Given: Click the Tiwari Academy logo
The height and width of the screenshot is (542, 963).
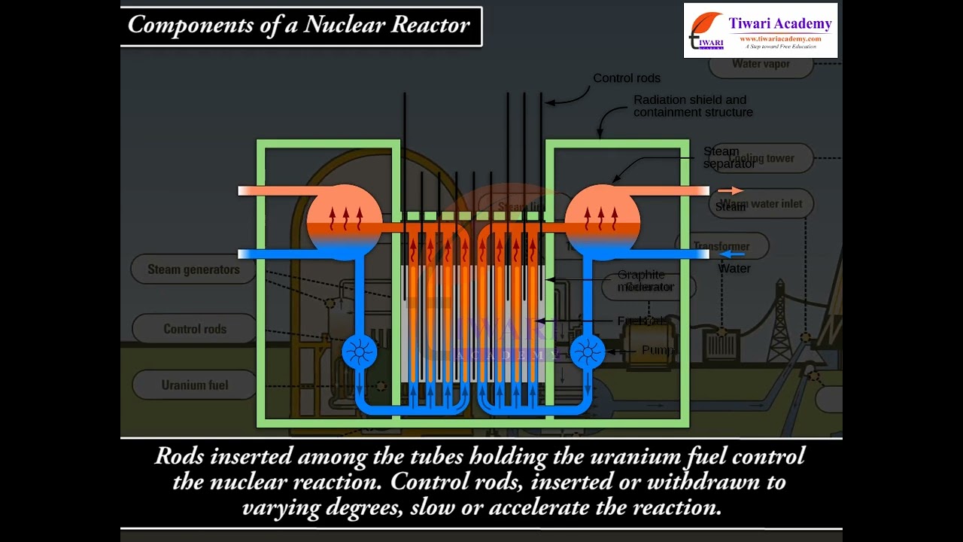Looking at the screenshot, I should (x=760, y=31).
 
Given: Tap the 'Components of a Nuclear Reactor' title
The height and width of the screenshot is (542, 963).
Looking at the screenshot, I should (x=299, y=25).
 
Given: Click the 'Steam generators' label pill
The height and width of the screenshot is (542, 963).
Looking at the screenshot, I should (x=193, y=269).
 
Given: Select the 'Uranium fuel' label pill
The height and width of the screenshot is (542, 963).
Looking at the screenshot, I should (x=194, y=385).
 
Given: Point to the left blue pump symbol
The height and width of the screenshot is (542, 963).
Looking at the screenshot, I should (x=359, y=352).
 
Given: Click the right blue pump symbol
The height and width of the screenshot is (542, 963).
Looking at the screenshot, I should (x=587, y=352).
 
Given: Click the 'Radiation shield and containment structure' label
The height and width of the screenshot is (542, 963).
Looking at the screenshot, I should (x=692, y=106).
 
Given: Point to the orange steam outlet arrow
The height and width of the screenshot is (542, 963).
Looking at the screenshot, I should (x=730, y=191).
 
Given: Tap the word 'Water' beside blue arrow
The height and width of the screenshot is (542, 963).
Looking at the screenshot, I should (x=734, y=269).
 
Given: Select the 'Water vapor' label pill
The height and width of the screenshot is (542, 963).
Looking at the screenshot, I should (x=761, y=65).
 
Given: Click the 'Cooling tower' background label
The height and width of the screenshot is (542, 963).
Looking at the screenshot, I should (x=767, y=158).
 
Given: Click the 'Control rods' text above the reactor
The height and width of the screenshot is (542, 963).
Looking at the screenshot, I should (x=626, y=78).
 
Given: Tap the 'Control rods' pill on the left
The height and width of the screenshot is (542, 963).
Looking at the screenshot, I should (x=194, y=329).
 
